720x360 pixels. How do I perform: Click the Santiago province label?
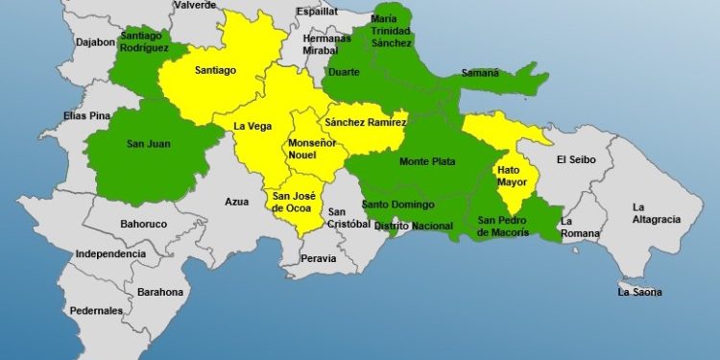[216, 70]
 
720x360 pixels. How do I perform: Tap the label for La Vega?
[252, 125]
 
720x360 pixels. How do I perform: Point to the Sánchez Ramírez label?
[366, 123]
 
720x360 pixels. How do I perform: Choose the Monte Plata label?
[427, 161]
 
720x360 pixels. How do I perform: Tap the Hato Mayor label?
[512, 177]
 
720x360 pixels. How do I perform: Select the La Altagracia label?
[656, 213]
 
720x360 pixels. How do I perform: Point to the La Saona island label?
[640, 292]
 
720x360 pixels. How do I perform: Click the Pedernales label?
[96, 311]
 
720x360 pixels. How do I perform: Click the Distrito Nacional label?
[412, 226]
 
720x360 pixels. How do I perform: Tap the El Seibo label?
[577, 159]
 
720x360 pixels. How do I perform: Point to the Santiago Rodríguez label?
[146, 42]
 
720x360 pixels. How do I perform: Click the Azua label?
[236, 202]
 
